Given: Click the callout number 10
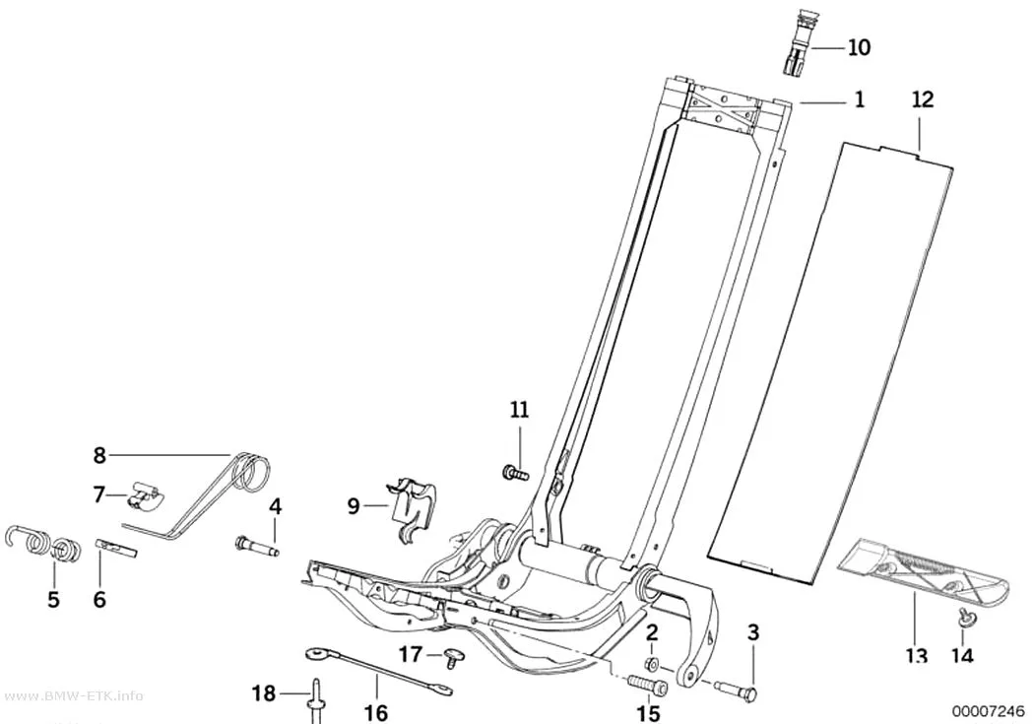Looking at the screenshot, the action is [x=860, y=47].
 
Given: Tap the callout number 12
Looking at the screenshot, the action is [x=924, y=99].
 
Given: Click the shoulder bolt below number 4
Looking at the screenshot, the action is [x=257, y=547].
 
